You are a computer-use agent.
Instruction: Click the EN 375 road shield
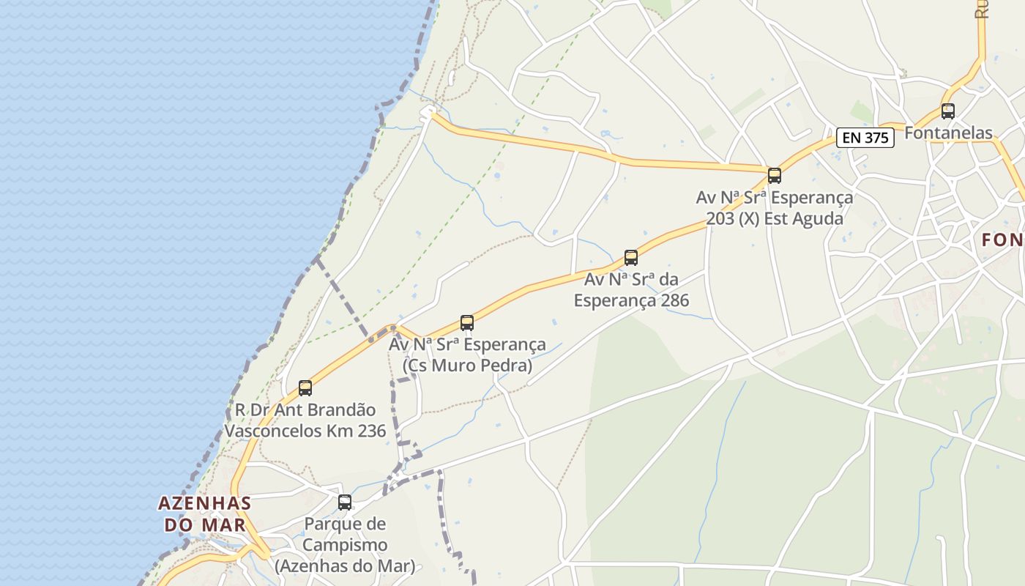(865, 138)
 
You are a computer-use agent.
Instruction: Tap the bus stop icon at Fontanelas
(948, 111)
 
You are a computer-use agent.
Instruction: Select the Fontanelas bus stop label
(948, 133)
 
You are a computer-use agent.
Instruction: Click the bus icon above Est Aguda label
(775, 176)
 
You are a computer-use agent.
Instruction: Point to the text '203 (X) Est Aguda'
(775, 219)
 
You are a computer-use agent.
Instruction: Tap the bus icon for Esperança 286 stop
(631, 258)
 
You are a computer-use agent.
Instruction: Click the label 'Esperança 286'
(631, 300)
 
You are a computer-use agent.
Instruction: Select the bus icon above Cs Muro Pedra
(467, 322)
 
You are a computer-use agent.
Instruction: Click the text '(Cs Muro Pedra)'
(468, 366)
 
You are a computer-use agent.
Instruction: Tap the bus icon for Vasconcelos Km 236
(305, 388)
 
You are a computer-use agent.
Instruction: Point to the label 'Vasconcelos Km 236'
(305, 431)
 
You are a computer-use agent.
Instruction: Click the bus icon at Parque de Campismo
(345, 502)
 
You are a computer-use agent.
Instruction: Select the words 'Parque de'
(345, 524)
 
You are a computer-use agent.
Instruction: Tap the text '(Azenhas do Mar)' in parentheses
(345, 566)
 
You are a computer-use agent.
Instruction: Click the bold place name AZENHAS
(204, 504)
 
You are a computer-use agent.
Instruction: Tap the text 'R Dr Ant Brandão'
(305, 410)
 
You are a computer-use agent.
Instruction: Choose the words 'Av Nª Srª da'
(631, 280)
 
